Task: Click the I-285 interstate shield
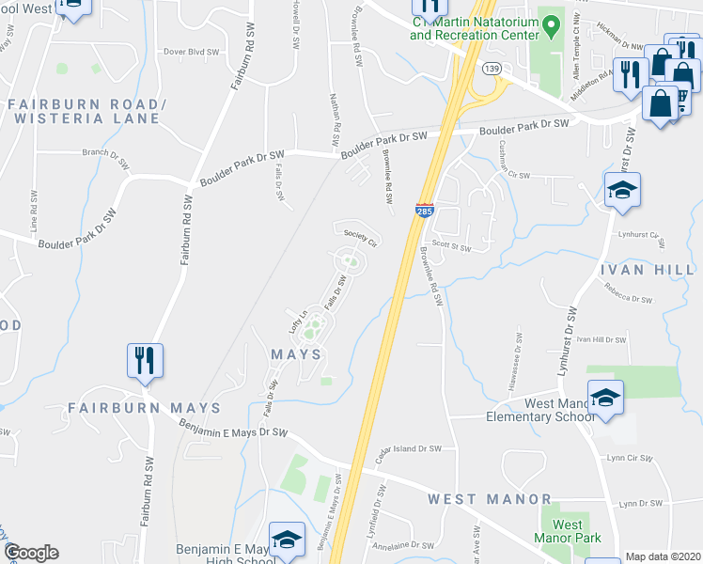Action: pyautogui.click(x=424, y=211)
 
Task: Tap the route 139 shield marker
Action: pyautogui.click(x=491, y=69)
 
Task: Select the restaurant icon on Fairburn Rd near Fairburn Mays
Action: pyautogui.click(x=145, y=360)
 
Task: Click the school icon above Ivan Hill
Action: pyautogui.click(x=621, y=191)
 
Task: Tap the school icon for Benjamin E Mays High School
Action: pyautogui.click(x=287, y=540)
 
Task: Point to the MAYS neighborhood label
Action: pyautogui.click(x=296, y=354)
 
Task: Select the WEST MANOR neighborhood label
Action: pyautogui.click(x=490, y=498)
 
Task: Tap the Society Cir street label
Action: pyautogui.click(x=360, y=238)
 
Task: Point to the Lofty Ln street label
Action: pyautogui.click(x=298, y=322)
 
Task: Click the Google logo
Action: pyautogui.click(x=31, y=553)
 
